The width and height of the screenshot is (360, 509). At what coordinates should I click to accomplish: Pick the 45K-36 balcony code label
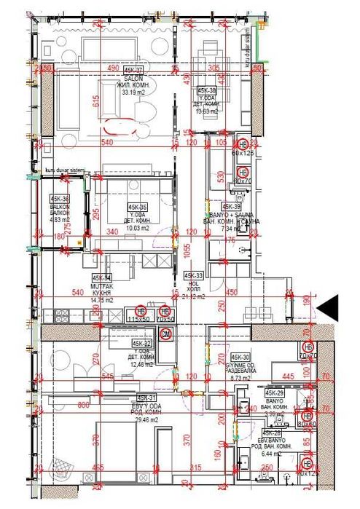tap(60, 199)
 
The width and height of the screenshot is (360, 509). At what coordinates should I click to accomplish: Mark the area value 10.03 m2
tap(136, 228)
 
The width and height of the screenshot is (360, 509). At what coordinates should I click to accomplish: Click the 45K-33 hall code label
tap(193, 277)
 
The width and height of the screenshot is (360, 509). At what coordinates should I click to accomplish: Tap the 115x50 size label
tap(137, 319)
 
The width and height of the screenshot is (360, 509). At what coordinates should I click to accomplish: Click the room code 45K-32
tap(142, 343)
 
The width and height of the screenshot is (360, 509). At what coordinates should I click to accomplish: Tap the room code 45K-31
tap(146, 398)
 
